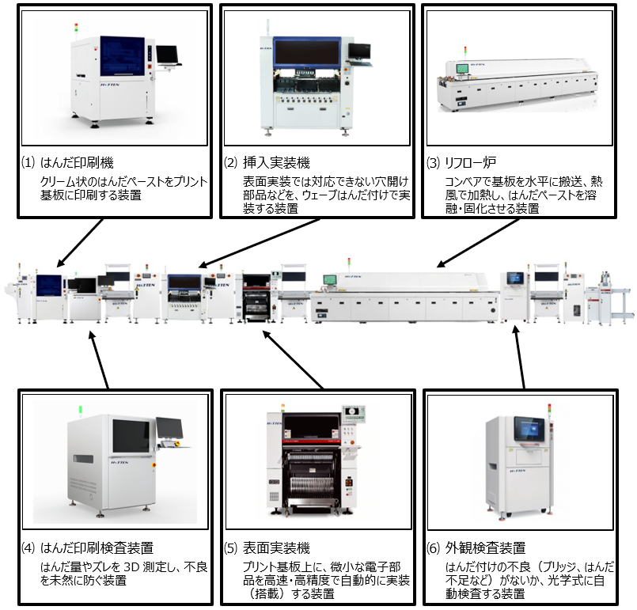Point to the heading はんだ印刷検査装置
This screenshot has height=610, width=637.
coord(97,547)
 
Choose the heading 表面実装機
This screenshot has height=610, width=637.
coord(276,547)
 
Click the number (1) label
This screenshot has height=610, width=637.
coord(28,163)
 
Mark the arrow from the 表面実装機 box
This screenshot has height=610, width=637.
coord(293,360)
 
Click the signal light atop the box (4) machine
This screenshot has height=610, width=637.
coord(80,410)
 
